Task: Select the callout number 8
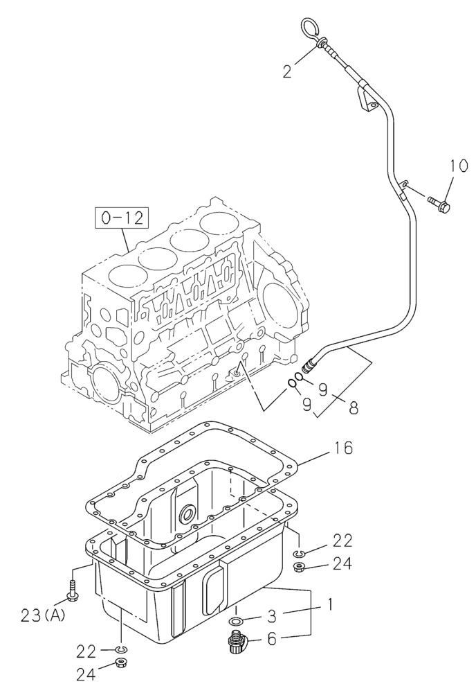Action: coord(354,408)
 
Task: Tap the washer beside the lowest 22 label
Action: coord(121,649)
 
